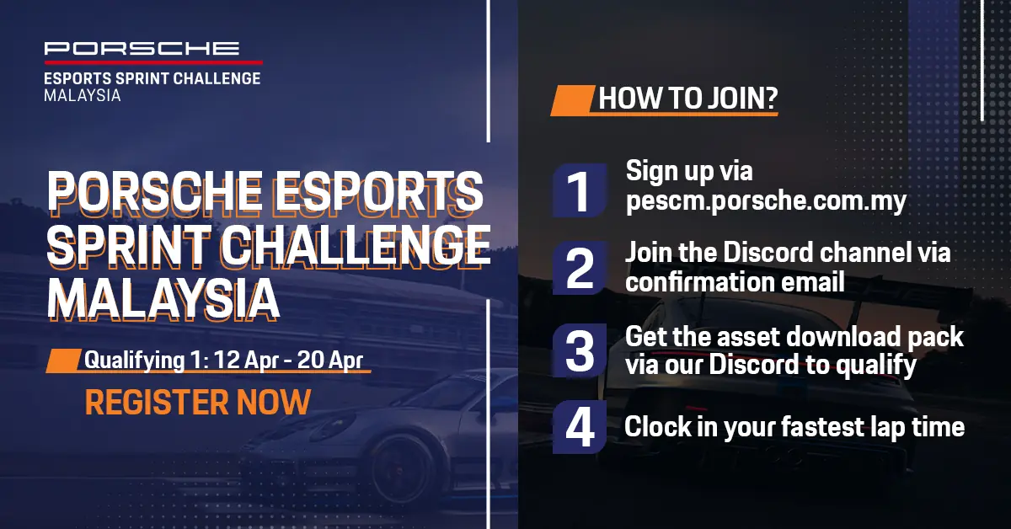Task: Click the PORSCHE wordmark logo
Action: pyautogui.click(x=142, y=48)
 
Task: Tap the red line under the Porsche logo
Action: pyautogui.click(x=153, y=62)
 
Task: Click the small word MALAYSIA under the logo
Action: pyautogui.click(x=83, y=96)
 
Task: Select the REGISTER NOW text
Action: pyautogui.click(x=198, y=402)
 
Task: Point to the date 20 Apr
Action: pyautogui.click(x=330, y=361)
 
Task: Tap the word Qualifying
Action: pyautogui.click(x=135, y=361)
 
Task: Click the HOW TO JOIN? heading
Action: pyautogui.click(x=688, y=99)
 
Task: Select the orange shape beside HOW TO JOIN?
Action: pyautogui.click(x=572, y=100)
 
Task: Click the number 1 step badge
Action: pyautogui.click(x=580, y=191)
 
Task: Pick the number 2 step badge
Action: pyautogui.click(x=580, y=268)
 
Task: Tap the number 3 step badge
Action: pyautogui.click(x=580, y=350)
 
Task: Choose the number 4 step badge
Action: pyautogui.click(x=580, y=427)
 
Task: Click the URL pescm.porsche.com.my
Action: pyautogui.click(x=766, y=200)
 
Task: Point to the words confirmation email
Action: pyautogui.click(x=735, y=281)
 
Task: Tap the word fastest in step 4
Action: pyautogui.click(x=822, y=427)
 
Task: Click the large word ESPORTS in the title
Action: pyautogui.click(x=379, y=192)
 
